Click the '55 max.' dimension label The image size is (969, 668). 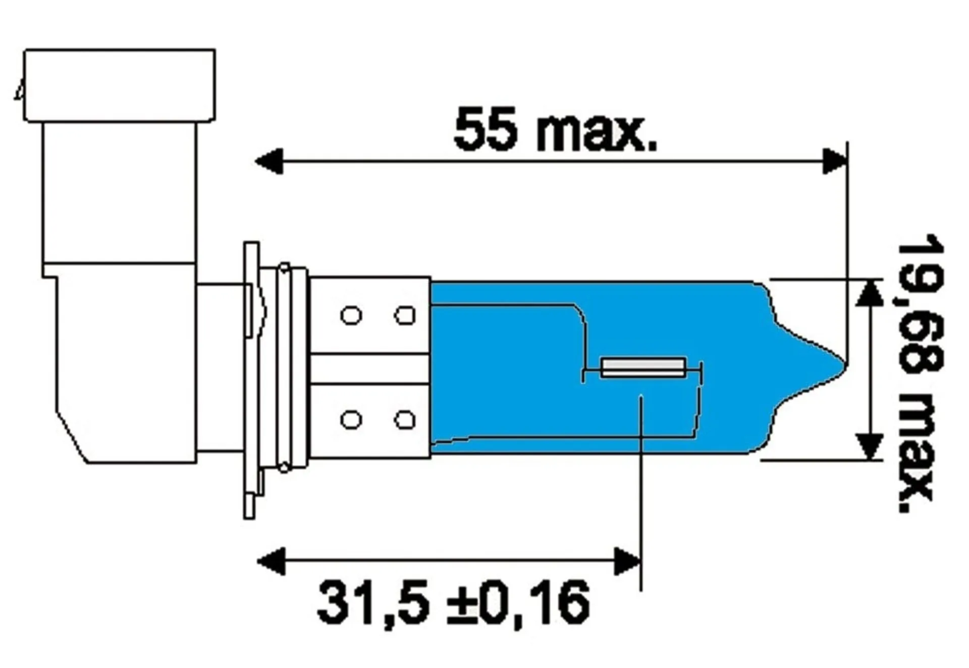[555, 130]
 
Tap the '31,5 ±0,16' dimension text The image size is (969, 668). [453, 603]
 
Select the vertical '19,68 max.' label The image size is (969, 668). [919, 379]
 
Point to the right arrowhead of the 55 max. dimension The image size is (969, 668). [834, 162]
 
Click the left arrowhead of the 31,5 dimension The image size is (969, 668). [272, 560]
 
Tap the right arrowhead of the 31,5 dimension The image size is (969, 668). [627, 560]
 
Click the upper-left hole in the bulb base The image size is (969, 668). [351, 316]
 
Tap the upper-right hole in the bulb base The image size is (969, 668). [405, 316]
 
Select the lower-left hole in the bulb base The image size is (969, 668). [351, 420]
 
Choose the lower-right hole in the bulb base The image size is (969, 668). [405, 420]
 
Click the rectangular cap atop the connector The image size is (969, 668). [120, 85]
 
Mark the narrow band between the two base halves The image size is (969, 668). [370, 369]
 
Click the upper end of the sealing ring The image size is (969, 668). [285, 268]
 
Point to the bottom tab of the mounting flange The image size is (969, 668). [249, 505]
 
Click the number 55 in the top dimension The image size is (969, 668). [486, 130]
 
